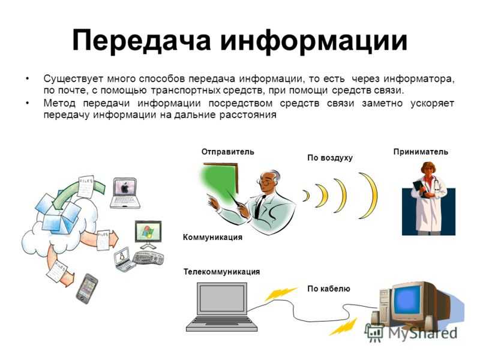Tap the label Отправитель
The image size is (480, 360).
[x=228, y=152]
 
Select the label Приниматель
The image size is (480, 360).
[x=421, y=152]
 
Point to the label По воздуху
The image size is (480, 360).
[x=330, y=158]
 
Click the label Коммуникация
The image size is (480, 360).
[x=212, y=237]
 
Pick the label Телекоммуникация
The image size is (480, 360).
[x=221, y=272]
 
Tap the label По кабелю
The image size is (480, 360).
[x=329, y=289]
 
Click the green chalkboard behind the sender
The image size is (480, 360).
[x=221, y=183]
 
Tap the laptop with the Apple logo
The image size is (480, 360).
[x=125, y=193]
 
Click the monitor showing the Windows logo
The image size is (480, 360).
[x=148, y=235]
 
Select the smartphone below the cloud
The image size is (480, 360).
[x=86, y=289]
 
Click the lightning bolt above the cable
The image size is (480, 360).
[x=280, y=294]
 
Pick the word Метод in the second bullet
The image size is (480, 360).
[x=59, y=103]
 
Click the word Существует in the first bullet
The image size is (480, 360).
[x=73, y=79]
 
